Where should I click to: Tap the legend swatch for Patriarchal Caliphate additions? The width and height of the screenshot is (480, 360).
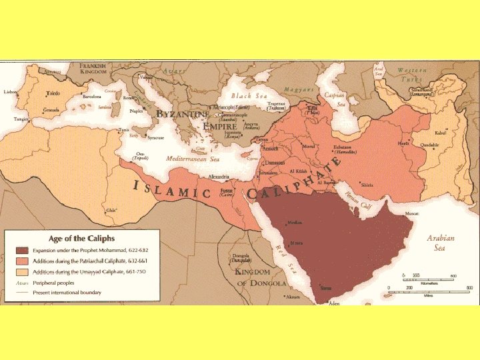[x=19, y=261]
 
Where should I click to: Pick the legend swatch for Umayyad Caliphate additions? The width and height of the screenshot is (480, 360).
[x=19, y=272]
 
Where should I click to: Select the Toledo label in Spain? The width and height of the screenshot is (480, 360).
[x=53, y=94]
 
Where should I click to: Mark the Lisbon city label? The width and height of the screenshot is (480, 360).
[x=11, y=92]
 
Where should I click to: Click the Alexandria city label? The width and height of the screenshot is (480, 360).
[x=219, y=177]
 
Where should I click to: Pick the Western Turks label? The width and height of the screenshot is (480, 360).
[x=413, y=74]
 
